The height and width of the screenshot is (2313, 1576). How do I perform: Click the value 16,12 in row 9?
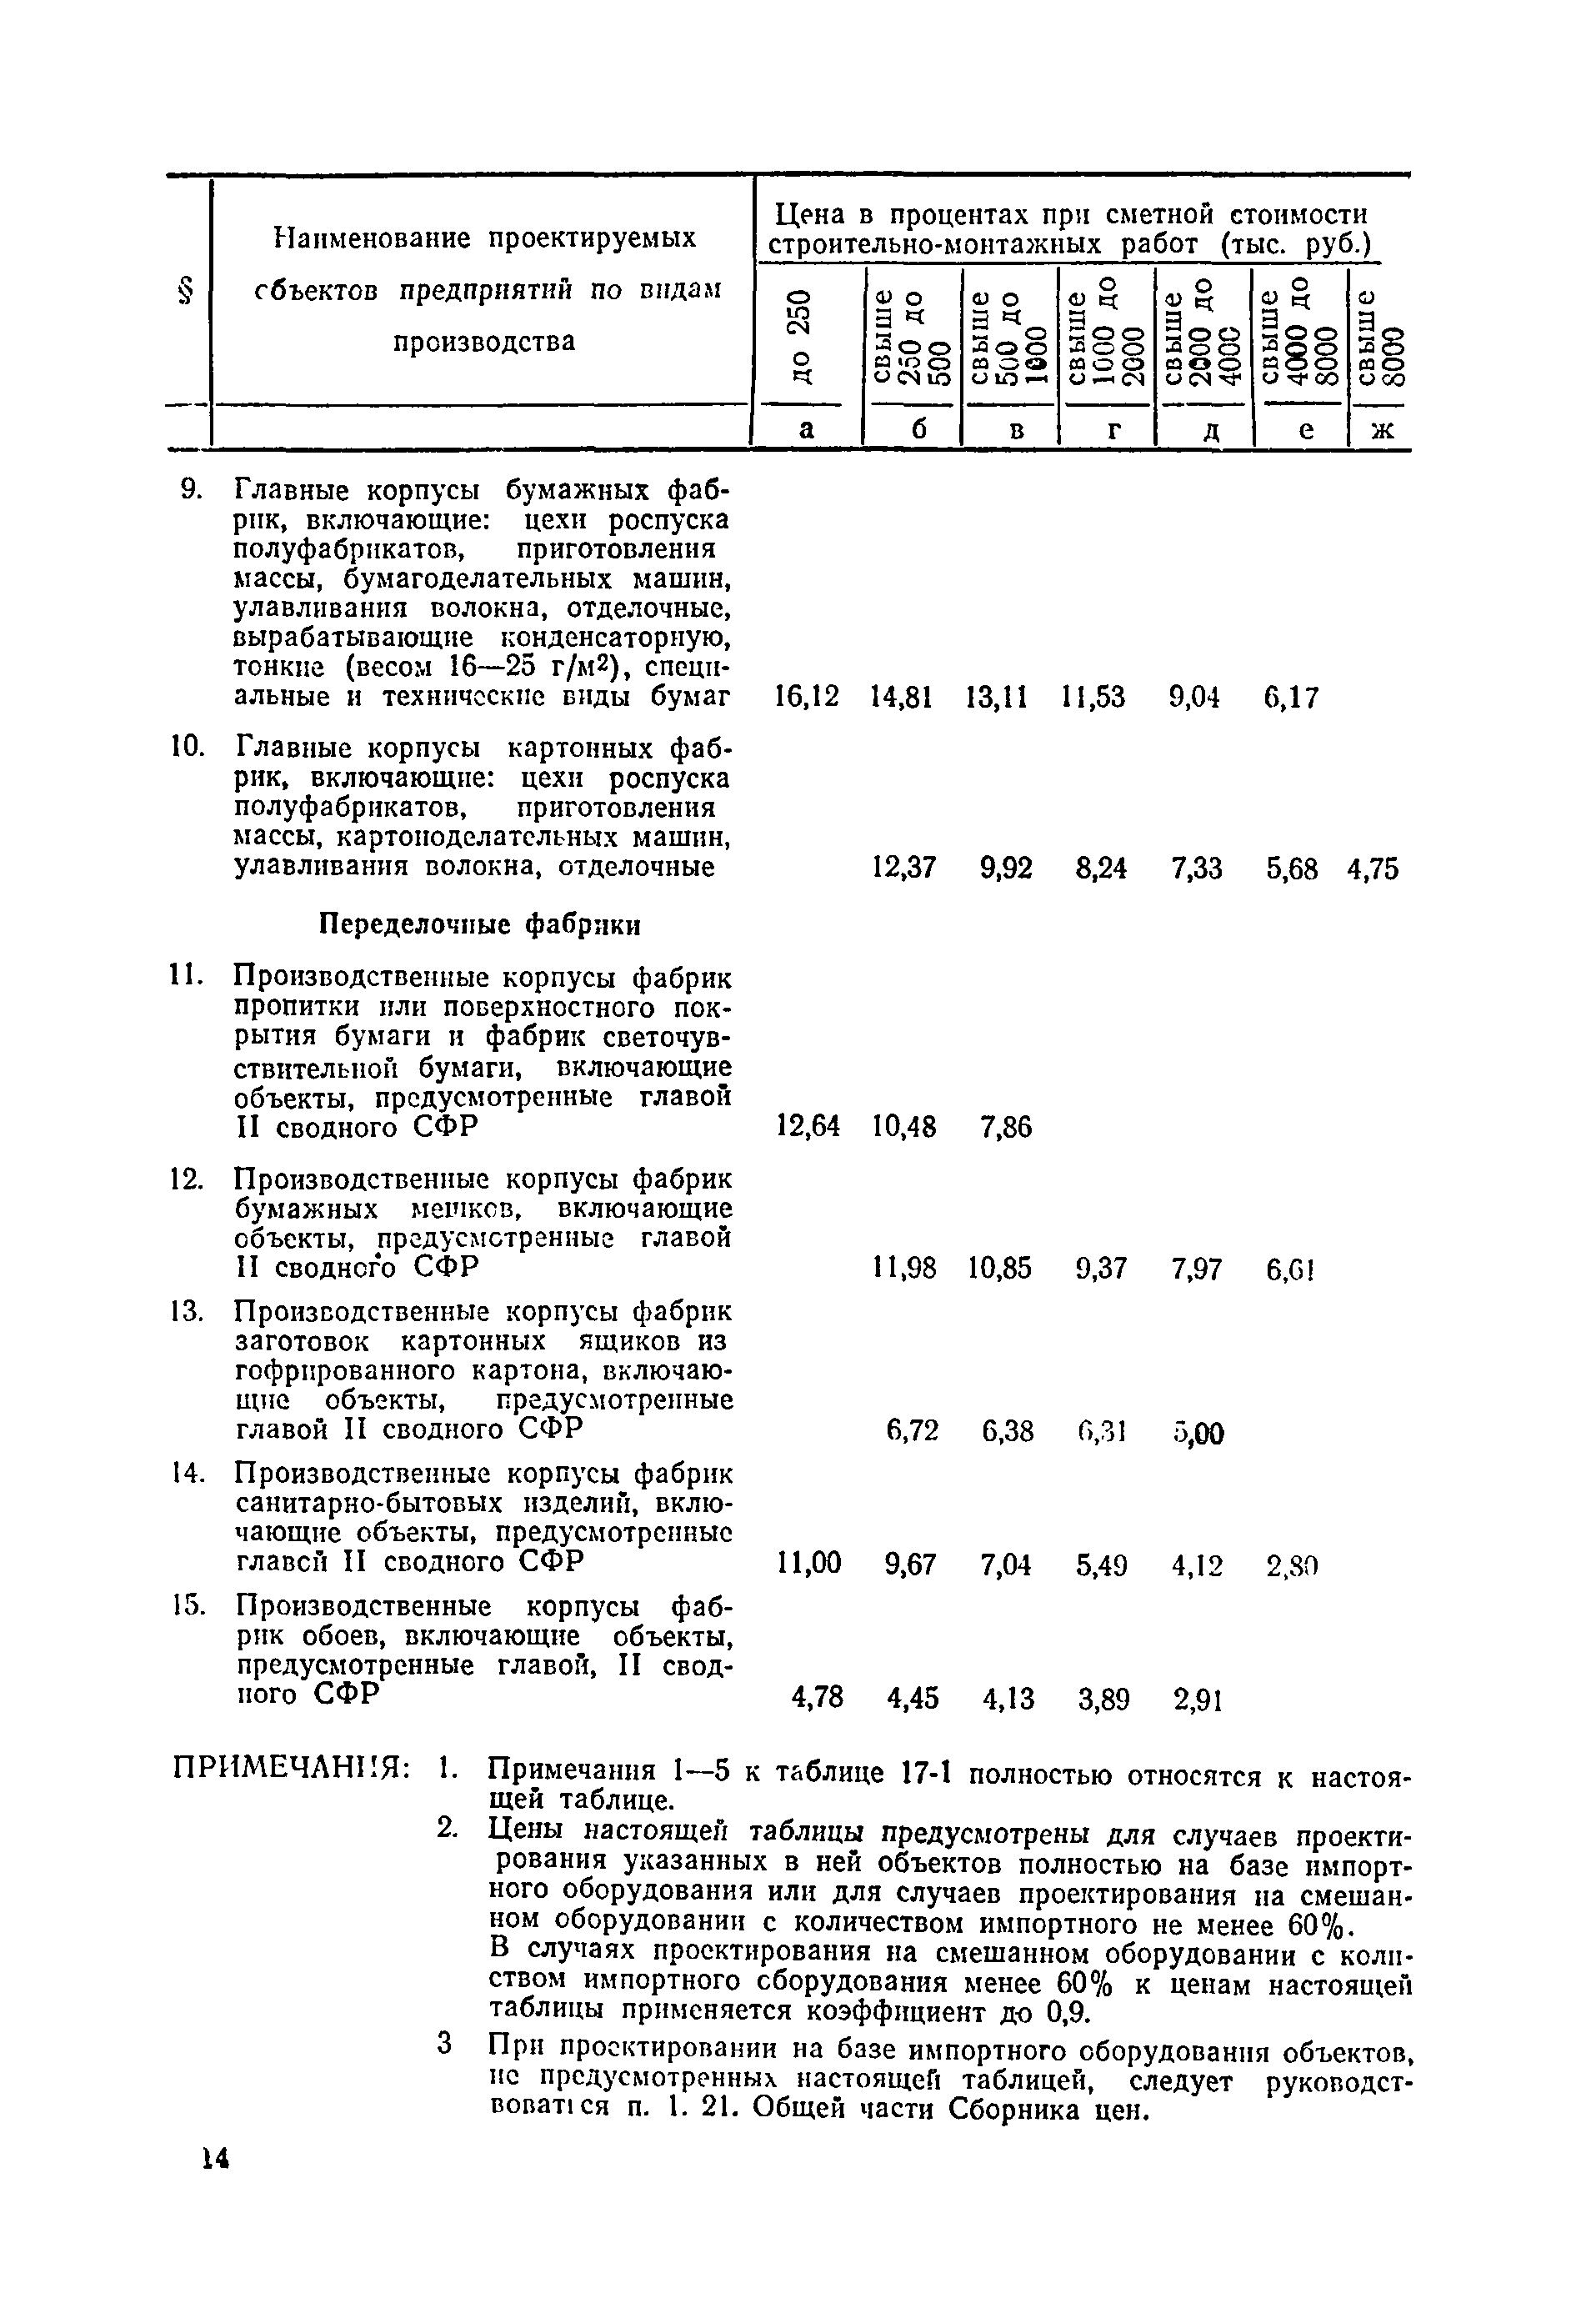806,698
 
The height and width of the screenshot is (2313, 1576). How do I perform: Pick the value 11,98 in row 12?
903,1269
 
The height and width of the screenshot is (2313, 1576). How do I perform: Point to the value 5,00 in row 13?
1197,1433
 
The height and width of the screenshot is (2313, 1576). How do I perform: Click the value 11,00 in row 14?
807,1565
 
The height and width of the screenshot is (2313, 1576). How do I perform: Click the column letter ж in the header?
1378,429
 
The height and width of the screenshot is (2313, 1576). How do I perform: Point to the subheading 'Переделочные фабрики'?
479,924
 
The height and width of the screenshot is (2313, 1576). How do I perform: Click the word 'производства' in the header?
483,342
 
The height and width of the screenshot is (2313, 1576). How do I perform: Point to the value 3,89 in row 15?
1103,1700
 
